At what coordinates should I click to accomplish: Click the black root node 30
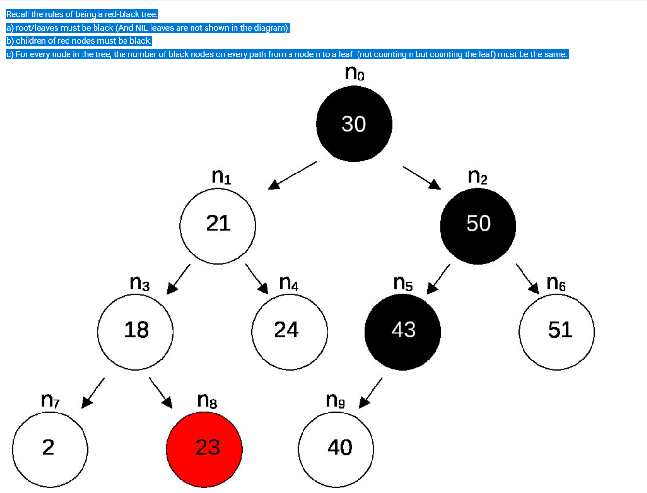[354, 124]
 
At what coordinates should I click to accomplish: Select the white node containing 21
[218, 226]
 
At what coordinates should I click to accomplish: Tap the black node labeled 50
[478, 226]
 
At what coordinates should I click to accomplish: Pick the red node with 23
[204, 449]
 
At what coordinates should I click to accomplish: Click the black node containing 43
[402, 332]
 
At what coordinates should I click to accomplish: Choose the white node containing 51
[556, 332]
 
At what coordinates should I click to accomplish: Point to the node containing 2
[50, 449]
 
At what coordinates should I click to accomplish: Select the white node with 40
[336, 449]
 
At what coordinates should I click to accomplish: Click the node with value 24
[289, 332]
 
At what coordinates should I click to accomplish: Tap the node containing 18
[135, 332]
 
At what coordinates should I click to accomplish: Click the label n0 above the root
[355, 73]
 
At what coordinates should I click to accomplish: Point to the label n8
[207, 400]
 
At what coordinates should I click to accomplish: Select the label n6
[556, 283]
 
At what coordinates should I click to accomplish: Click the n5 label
[403, 283]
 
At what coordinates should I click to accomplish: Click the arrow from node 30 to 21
[292, 175]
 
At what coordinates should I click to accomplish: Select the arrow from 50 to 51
[527, 278]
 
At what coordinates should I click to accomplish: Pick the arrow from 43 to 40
[371, 392]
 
